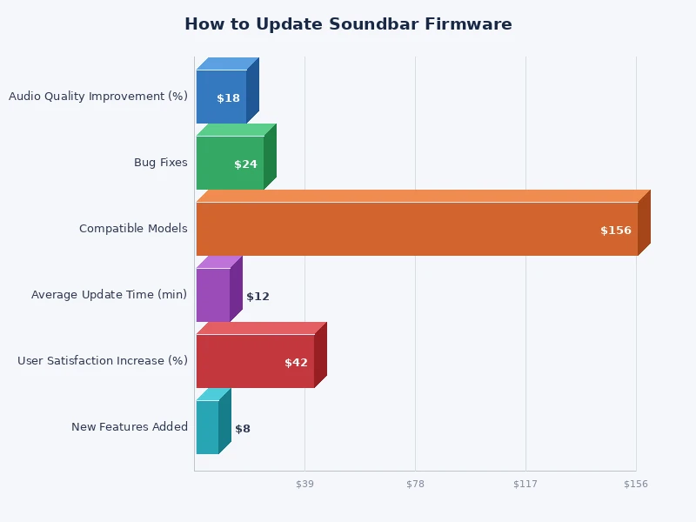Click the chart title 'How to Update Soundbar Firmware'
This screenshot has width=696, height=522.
[348, 24]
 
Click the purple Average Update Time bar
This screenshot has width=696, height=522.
[212, 295]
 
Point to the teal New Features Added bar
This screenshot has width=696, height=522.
[207, 427]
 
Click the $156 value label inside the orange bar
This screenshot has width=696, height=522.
[616, 231]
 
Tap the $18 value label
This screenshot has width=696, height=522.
[228, 98]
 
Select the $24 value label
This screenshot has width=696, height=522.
[245, 164]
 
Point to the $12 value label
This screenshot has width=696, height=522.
[258, 297]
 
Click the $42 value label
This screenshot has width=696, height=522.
[296, 363]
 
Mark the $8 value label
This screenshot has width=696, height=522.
[243, 429]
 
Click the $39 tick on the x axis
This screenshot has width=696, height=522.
[304, 484]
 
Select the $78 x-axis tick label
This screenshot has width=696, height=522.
[415, 484]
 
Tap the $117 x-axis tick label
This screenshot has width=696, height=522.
[525, 484]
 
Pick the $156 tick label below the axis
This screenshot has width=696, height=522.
[636, 484]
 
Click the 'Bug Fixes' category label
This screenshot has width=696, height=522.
[160, 163]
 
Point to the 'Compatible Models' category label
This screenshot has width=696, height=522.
[133, 229]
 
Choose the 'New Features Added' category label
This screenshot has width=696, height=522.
[130, 427]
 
